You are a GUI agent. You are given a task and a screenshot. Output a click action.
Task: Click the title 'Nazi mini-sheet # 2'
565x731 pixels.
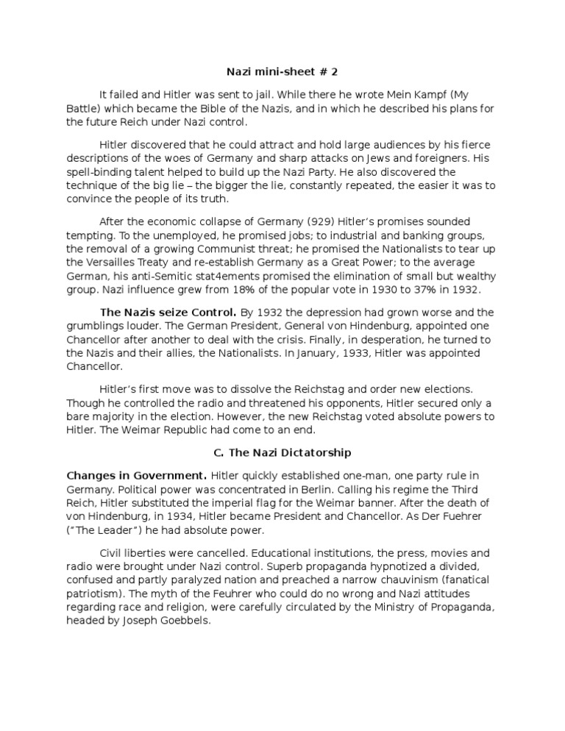tap(282, 72)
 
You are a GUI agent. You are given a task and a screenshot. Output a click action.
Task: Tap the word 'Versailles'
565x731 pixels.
tap(116, 263)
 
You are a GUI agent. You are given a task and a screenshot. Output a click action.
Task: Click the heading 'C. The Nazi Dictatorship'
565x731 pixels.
tap(282, 452)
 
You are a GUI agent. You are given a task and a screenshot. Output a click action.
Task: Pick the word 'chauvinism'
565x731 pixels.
tap(399, 580)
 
